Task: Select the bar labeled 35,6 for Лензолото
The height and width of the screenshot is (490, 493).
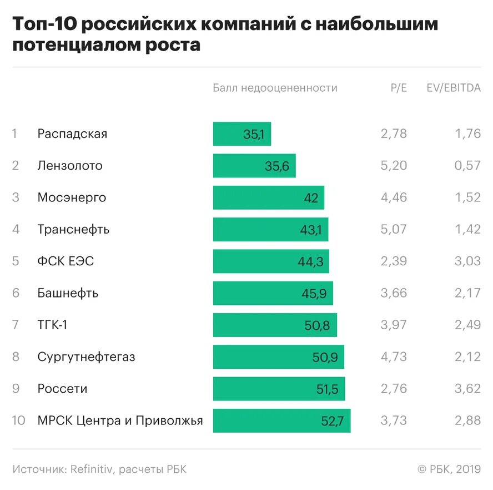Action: [x=254, y=166]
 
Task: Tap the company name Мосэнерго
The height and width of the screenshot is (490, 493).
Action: [x=72, y=197]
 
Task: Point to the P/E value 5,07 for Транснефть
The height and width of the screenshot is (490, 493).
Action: [x=394, y=229]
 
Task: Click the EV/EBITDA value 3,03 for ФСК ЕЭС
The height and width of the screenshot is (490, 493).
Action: [x=467, y=261]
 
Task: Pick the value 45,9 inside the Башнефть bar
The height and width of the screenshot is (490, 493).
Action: [x=314, y=294]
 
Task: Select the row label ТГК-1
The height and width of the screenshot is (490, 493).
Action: [x=52, y=325]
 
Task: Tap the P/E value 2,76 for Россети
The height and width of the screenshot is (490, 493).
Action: [x=394, y=389]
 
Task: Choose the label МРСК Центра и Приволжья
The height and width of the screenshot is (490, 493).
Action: [x=120, y=420]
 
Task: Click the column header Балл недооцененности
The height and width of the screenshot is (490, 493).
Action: [x=275, y=88]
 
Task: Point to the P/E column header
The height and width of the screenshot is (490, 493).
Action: [x=399, y=88]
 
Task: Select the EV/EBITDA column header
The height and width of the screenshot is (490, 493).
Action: [x=454, y=88]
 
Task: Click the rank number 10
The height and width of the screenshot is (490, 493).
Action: [x=18, y=420]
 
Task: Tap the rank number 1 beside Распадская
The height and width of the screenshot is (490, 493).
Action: [x=15, y=134]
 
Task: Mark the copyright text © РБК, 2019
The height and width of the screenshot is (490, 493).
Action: [x=449, y=469]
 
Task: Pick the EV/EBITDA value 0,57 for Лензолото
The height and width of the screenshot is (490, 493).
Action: [x=467, y=166]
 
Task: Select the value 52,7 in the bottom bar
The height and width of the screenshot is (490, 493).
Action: [x=333, y=422]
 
